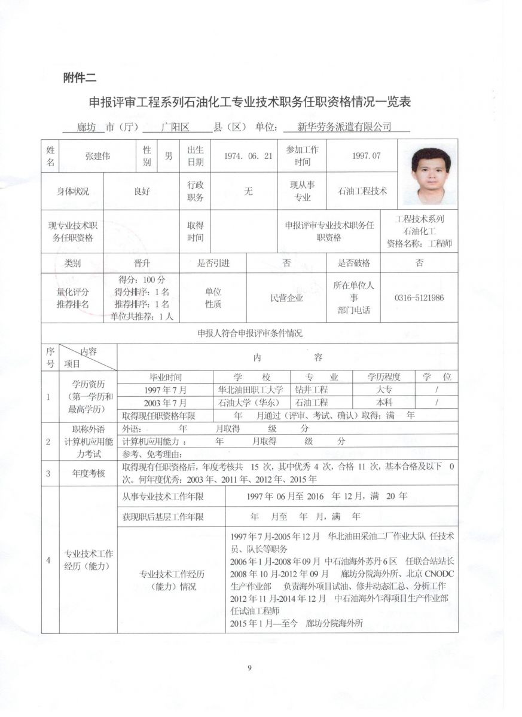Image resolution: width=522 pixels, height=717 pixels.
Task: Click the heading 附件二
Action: [80, 77]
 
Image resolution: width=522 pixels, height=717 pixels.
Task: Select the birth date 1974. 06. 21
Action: [248, 156]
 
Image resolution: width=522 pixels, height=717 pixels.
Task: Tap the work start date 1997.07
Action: [367, 156]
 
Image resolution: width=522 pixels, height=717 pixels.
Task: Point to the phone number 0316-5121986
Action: [419, 298]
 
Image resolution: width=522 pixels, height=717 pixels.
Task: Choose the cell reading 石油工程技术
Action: [362, 191]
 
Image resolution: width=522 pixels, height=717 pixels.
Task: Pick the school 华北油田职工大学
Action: [251, 390]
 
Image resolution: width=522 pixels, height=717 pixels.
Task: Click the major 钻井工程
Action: [312, 390]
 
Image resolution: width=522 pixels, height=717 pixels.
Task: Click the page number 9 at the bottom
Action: [249, 668]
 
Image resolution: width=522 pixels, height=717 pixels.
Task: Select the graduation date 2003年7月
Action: [165, 403]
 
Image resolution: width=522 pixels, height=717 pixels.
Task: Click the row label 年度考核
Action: [88, 473]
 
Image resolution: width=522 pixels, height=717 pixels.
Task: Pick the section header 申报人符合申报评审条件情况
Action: [250, 333]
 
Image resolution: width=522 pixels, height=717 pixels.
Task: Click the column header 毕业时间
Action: [165, 377]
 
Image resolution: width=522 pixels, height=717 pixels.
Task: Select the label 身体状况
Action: [72, 191]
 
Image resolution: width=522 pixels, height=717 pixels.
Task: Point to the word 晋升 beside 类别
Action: [141, 263]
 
